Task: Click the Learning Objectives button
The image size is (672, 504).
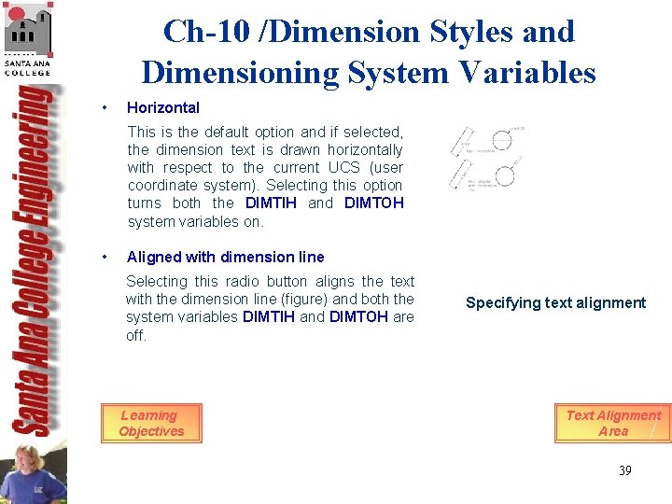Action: [x=151, y=424]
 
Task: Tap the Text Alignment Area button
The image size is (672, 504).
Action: [x=613, y=424]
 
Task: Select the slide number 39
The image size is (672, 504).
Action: [x=624, y=470]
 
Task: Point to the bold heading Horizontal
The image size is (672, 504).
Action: [x=163, y=107]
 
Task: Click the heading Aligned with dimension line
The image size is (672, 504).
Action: [x=226, y=257]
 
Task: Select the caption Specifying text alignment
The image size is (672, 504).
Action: [x=555, y=302]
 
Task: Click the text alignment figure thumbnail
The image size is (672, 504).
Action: [x=487, y=158]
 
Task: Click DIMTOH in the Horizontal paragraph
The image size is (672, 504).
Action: [x=373, y=203]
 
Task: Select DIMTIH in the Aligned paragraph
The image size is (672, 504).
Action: [x=269, y=316]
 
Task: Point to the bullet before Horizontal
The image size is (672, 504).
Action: [x=108, y=107]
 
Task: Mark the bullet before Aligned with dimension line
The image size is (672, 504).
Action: [x=108, y=257]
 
